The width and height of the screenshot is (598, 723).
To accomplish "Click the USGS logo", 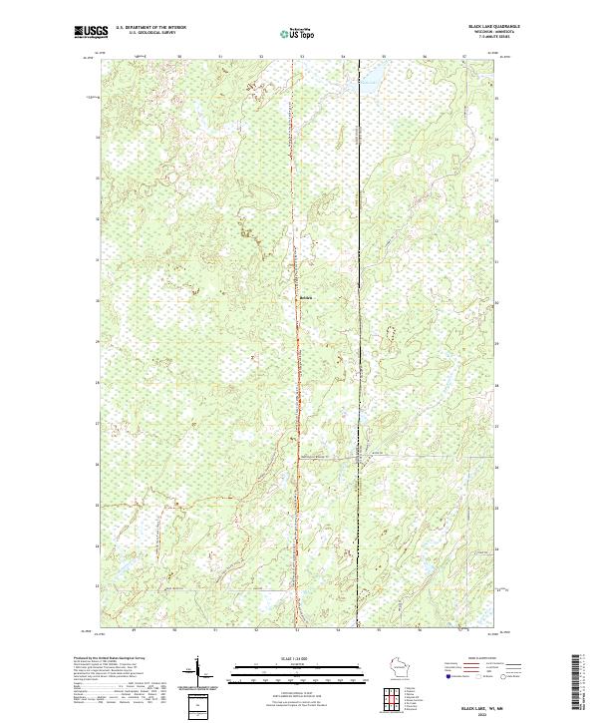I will [90, 32].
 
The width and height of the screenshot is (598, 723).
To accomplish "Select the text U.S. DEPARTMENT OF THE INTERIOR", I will [151, 28].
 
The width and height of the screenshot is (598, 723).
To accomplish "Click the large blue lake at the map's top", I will [371, 81].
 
